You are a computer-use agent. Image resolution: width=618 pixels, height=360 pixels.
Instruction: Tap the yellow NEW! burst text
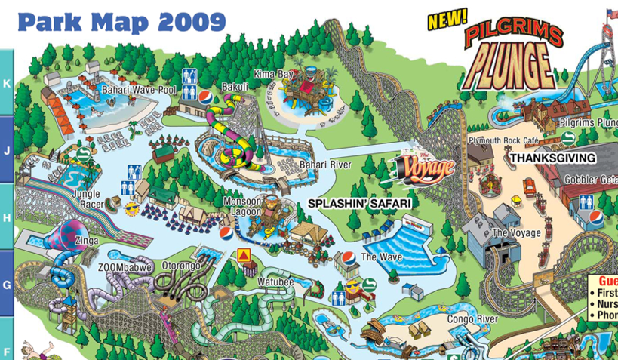coord(447,20)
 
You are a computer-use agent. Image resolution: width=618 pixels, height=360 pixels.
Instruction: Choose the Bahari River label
coord(325,165)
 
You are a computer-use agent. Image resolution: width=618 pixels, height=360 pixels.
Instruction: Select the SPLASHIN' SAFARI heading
coord(358,204)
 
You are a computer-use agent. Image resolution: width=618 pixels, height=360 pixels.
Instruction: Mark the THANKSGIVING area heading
coord(552,158)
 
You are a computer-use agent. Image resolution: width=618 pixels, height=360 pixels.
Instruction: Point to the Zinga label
coord(87,241)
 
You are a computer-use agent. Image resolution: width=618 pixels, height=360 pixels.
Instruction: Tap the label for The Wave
coord(381,257)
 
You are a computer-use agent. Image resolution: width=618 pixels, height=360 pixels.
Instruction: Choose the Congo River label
coord(472,319)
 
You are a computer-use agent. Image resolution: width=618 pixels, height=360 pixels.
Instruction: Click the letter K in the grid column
coord(7,83)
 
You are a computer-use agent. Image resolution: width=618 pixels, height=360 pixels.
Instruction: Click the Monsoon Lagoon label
coord(241,207)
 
